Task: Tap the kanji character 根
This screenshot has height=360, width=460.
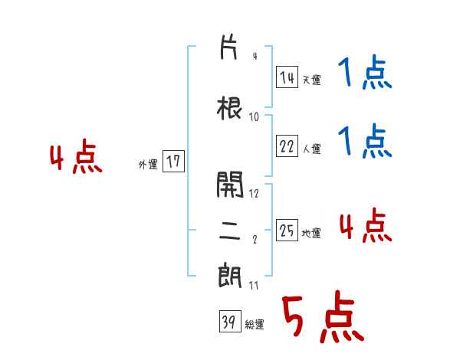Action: click(x=230, y=108)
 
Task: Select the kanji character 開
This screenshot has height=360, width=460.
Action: click(x=230, y=184)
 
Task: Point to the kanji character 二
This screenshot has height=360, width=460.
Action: click(x=230, y=232)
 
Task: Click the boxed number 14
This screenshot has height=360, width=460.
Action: click(x=287, y=77)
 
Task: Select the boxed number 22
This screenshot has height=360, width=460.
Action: click(x=287, y=147)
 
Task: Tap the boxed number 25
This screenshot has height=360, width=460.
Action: click(x=287, y=231)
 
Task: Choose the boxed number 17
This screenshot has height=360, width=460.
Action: click(x=174, y=162)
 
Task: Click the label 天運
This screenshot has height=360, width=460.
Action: click(x=311, y=79)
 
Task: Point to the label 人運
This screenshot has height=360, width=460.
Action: click(x=311, y=149)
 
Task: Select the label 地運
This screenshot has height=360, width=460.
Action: click(x=311, y=233)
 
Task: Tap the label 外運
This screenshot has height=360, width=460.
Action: click(x=147, y=163)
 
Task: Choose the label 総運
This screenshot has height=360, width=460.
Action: click(x=255, y=325)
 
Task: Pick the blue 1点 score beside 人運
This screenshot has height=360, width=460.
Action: click(x=365, y=142)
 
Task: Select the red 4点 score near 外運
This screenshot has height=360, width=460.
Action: click(x=76, y=159)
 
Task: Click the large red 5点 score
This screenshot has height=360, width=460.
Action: click(x=321, y=318)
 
